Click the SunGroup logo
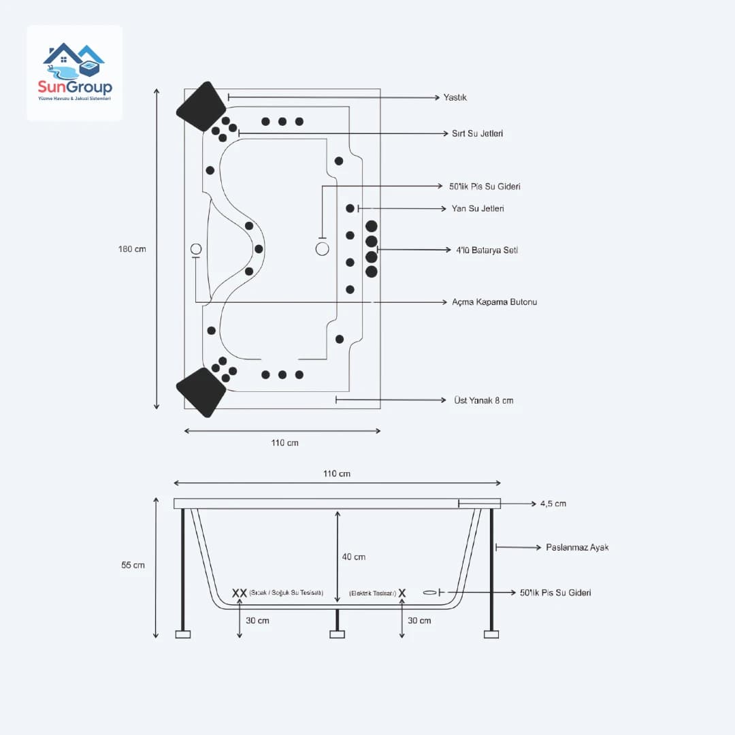pyautogui.click(x=75, y=73)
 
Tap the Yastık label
pyautogui.click(x=455, y=97)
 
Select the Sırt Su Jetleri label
pyautogui.click(x=477, y=133)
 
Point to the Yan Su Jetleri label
pyautogui.click(x=478, y=208)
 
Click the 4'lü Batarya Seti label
pyautogui.click(x=487, y=250)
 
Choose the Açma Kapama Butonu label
pyautogui.click(x=494, y=301)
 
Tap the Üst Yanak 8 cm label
pyautogui.click(x=483, y=400)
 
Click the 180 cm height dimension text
pyautogui.click(x=132, y=249)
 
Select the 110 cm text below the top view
pyautogui.click(x=284, y=443)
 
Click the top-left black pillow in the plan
pyautogui.click(x=201, y=107)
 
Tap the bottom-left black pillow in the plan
pyautogui.click(x=201, y=392)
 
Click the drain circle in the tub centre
pyautogui.click(x=323, y=249)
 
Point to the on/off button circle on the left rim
pyautogui.click(x=196, y=249)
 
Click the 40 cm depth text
pyautogui.click(x=353, y=557)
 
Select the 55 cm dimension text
pyautogui.click(x=133, y=565)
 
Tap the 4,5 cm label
pyautogui.click(x=553, y=504)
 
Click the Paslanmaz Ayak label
pyautogui.click(x=577, y=547)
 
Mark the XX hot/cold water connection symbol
pyautogui.click(x=240, y=593)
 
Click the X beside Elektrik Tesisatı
pyautogui.click(x=402, y=593)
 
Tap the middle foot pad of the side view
pyautogui.click(x=337, y=634)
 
